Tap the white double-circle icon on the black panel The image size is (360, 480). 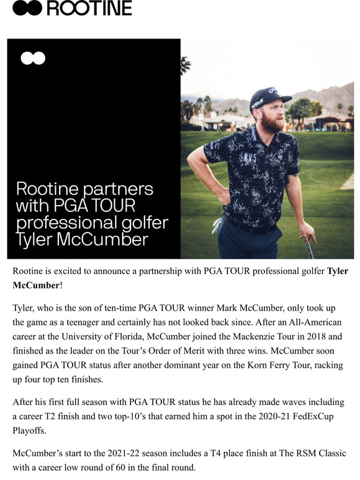[x=32, y=58]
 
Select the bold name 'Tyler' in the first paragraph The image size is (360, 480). [x=337, y=271]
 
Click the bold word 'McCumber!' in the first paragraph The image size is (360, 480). [x=37, y=286]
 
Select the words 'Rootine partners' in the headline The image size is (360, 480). [x=84, y=189]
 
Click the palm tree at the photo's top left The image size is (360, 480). [x=184, y=65]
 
